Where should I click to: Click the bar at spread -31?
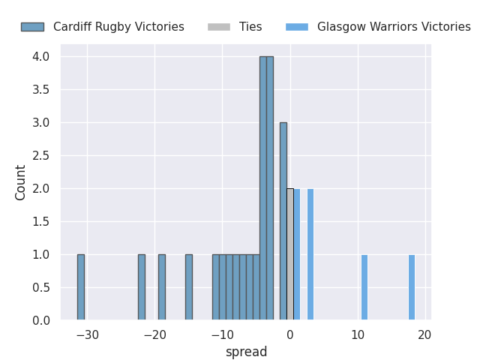81,287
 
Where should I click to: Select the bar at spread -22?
142,287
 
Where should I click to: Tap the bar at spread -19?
162,287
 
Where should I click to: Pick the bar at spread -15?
189,287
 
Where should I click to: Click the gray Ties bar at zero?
290,254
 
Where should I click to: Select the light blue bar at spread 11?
364,287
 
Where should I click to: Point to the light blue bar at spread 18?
412,287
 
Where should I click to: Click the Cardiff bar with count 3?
283,221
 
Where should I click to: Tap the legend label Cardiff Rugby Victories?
118,27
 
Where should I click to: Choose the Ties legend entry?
250,27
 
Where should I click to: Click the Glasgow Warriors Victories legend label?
394,27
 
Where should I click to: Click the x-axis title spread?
246,352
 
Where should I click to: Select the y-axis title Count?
21,182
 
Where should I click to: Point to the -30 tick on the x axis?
88,334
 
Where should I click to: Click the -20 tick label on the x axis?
155,334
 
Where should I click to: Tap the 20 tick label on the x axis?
425,334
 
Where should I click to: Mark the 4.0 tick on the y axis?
40,57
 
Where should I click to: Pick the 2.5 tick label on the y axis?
40,156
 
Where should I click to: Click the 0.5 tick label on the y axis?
40,288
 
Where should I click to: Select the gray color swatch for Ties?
220,27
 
